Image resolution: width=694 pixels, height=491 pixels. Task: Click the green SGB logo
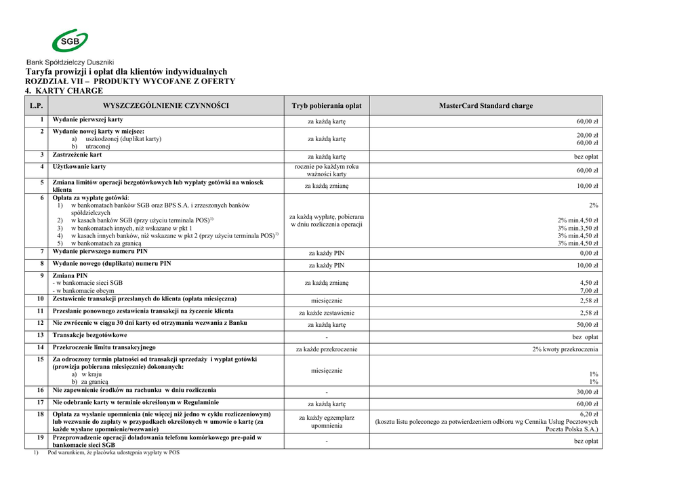click(x=70, y=41)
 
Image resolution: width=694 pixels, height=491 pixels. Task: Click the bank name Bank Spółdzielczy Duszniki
click(x=70, y=62)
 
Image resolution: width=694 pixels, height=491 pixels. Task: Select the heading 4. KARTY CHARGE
click(x=64, y=91)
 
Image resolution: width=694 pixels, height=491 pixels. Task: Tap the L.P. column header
click(x=36, y=106)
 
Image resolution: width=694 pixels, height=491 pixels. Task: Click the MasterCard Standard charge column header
click(x=485, y=106)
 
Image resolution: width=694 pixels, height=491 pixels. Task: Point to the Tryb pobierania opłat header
click(x=326, y=106)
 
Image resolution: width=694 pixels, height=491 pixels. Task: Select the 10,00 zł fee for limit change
click(x=587, y=186)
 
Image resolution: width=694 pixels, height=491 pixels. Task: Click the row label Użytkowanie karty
click(x=79, y=166)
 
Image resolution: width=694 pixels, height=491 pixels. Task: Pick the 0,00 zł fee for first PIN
click(x=588, y=253)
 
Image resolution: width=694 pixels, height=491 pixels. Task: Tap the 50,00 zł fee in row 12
click(x=587, y=325)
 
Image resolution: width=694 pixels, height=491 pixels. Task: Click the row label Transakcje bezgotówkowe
click(x=89, y=335)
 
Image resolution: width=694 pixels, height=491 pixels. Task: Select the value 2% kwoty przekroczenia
click(x=565, y=349)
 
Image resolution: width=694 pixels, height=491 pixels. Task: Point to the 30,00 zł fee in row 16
click(x=587, y=392)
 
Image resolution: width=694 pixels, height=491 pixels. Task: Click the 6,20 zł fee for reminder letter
click(x=588, y=414)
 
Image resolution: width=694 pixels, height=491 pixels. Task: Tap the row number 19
click(x=40, y=438)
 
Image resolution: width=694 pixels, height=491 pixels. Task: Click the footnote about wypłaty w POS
click(x=113, y=452)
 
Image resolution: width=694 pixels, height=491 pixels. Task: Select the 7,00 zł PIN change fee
click(x=588, y=291)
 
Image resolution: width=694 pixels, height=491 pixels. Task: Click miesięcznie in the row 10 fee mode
click(x=326, y=300)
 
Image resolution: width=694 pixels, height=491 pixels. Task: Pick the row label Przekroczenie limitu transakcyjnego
click(x=104, y=347)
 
